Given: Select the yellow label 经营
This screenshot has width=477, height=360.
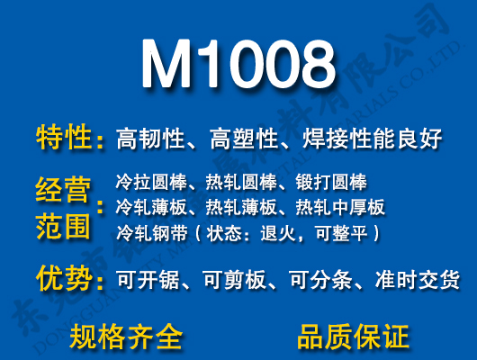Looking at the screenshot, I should [64, 191].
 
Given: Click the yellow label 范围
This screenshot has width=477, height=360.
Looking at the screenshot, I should [64, 224].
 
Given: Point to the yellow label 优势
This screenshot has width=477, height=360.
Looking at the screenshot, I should [64, 278].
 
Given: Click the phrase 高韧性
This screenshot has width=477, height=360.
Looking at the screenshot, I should [150, 139].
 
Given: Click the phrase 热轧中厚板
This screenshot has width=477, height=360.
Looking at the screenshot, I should [340, 208].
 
